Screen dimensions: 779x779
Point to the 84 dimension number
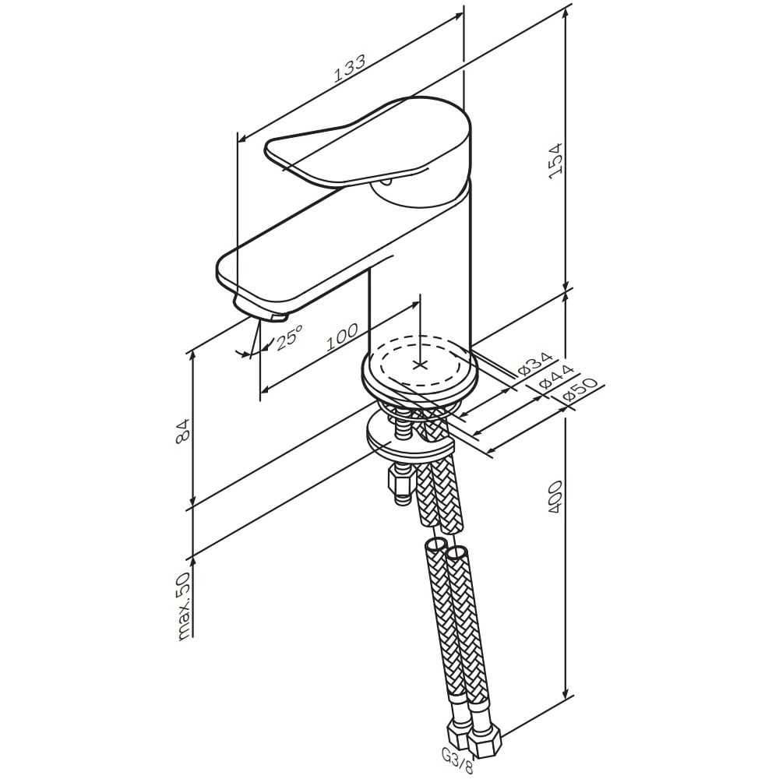click(183, 431)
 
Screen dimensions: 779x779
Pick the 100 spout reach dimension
click(342, 337)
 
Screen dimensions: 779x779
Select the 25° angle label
click(289, 338)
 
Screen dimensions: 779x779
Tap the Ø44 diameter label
click(556, 378)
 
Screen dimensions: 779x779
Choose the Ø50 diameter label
click(580, 393)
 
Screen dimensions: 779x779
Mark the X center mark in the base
click(421, 365)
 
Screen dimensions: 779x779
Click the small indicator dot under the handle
click(387, 183)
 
